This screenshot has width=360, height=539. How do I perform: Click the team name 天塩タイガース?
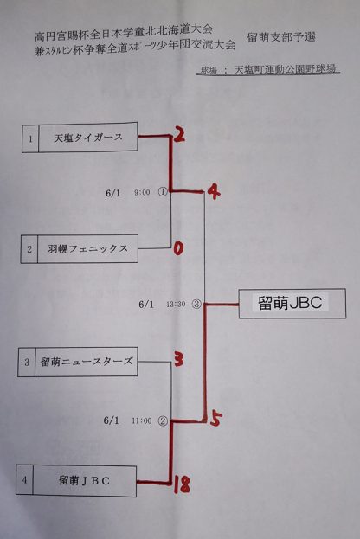(x=88, y=138)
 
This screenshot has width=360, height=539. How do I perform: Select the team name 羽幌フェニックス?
(x=88, y=249)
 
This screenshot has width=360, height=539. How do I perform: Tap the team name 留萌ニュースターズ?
(x=87, y=362)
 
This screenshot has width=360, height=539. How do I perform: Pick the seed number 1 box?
(x=30, y=138)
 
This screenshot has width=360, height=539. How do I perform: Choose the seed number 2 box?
(x=29, y=249)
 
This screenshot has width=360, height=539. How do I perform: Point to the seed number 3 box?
(x=27, y=363)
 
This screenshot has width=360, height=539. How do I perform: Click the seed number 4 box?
(x=24, y=479)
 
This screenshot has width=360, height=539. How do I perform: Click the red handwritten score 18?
(x=182, y=484)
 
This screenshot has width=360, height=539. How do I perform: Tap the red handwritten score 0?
(x=178, y=248)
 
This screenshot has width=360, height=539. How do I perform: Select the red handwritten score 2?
(x=179, y=134)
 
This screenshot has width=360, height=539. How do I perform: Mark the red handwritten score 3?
(x=178, y=360)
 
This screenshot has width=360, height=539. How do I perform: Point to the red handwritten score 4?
(x=213, y=191)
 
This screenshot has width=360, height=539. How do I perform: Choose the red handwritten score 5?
(x=216, y=419)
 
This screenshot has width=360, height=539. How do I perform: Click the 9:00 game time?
(x=142, y=192)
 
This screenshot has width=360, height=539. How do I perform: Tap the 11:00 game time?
(x=142, y=420)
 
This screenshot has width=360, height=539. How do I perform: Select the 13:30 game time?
(x=176, y=305)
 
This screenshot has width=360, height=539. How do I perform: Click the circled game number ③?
(x=196, y=304)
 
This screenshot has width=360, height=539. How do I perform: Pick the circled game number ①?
(x=163, y=192)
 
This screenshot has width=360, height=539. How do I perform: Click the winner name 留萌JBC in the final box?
(x=290, y=303)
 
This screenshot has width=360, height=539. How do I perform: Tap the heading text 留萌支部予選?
(x=281, y=37)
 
